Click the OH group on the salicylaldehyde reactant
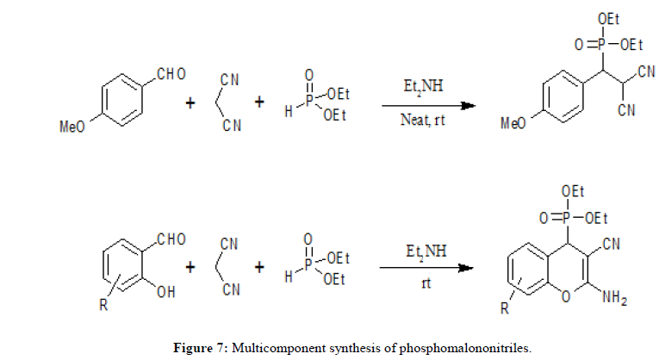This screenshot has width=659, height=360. point(166,292)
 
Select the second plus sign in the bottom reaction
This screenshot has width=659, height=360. point(258,268)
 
